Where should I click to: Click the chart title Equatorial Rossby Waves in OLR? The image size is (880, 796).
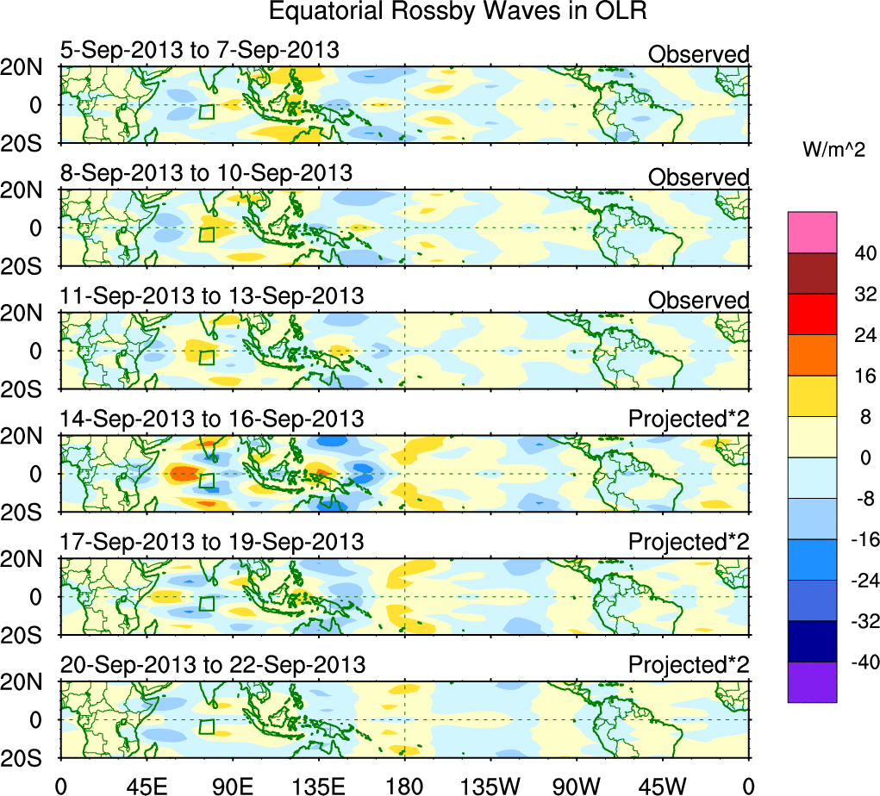coord(458,12)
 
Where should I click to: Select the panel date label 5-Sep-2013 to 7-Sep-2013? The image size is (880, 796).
coord(200,50)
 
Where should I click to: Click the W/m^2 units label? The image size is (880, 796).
coord(834,150)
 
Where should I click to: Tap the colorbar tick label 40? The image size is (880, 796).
coord(864,253)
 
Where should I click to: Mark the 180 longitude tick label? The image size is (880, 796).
coord(405,785)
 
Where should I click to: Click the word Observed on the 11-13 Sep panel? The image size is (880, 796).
coord(698,300)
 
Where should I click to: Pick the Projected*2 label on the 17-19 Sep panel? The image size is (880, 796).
coord(689,543)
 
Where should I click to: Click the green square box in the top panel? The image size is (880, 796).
coord(207,112)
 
